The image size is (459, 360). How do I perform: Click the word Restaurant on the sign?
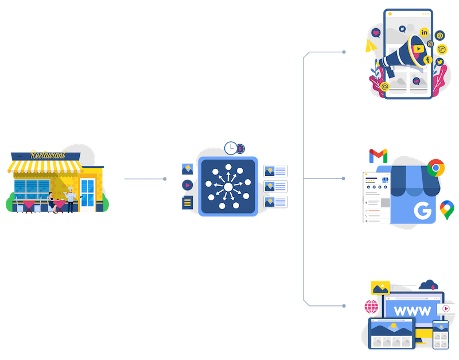pos(47,155)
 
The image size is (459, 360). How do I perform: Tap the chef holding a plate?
pos(71,198)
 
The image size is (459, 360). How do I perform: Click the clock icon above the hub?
pos(231,148)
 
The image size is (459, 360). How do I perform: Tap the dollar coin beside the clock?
pos(240,148)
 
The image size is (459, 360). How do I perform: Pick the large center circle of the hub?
pos(228,187)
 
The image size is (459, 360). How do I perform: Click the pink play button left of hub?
pos(186,185)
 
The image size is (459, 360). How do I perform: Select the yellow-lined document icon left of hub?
pos(186,203)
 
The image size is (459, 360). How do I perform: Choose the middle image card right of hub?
pos(275,186)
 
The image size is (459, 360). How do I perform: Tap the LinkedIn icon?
pos(425,32)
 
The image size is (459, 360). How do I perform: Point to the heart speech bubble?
pos(376,34)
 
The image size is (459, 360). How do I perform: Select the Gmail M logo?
pos(378,155)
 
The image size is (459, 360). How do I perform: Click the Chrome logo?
pos(436,168)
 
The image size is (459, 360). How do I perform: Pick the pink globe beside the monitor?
pos(371,305)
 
